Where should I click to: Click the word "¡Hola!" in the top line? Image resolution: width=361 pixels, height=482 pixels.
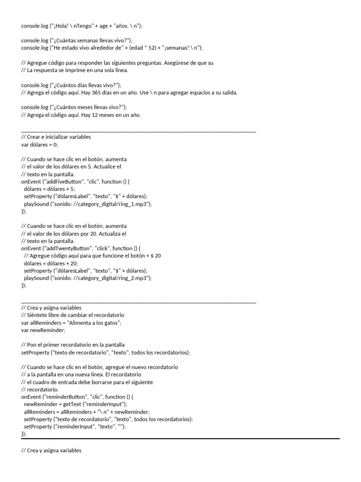60,26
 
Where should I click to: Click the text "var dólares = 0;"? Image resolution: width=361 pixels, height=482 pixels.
39,145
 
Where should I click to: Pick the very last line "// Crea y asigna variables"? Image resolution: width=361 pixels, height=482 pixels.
51,450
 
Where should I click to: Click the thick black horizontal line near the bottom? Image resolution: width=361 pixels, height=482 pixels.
180,439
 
